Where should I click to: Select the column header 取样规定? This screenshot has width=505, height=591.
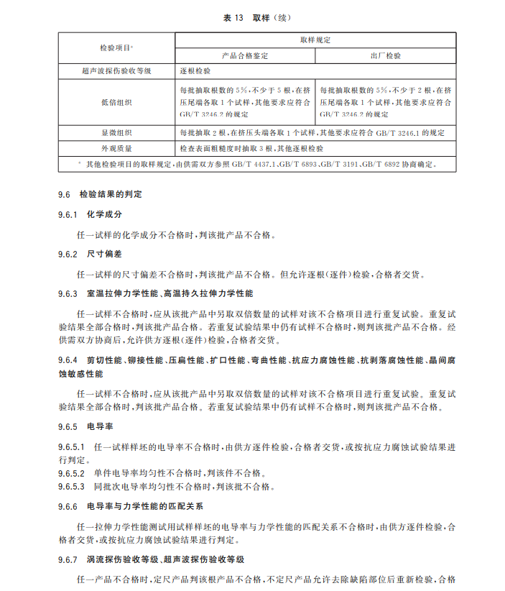click(x=315, y=40)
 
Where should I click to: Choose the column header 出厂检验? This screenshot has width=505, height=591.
click(x=386, y=55)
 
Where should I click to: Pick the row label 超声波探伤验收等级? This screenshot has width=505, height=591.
click(x=116, y=71)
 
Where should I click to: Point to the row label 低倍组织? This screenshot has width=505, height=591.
click(x=116, y=102)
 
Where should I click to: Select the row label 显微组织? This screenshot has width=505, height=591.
click(x=116, y=133)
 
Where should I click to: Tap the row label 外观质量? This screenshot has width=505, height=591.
click(x=116, y=148)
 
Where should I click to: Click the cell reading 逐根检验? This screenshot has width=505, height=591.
click(x=195, y=71)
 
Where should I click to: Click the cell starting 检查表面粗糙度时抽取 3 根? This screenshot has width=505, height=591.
click(x=251, y=148)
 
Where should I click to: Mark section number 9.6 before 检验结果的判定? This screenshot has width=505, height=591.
click(x=64, y=195)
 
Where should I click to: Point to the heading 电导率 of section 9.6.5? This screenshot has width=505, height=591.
click(x=100, y=426)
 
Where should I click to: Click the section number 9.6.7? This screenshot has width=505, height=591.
click(x=68, y=559)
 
